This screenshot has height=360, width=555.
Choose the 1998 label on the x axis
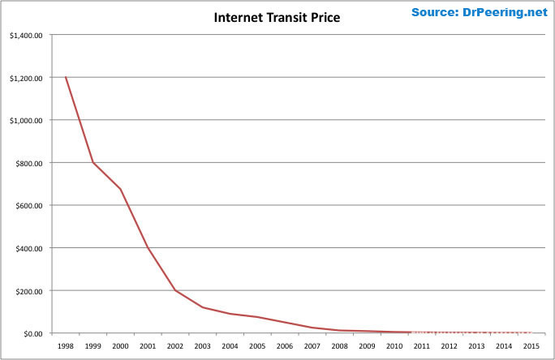(67, 346)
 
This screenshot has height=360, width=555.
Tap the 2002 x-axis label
(175, 346)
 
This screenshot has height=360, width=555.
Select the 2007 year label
(312, 346)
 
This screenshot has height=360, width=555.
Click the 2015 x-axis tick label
(531, 346)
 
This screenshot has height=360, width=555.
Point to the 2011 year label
(421, 346)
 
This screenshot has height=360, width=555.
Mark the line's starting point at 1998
(66, 77)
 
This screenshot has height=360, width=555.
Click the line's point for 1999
(93, 162)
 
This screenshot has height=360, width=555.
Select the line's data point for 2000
(121, 189)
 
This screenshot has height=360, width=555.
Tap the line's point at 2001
(148, 247)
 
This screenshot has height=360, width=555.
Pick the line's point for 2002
(175, 290)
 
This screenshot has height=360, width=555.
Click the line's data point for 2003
(203, 307)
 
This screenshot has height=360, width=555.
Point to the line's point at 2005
(257, 317)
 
